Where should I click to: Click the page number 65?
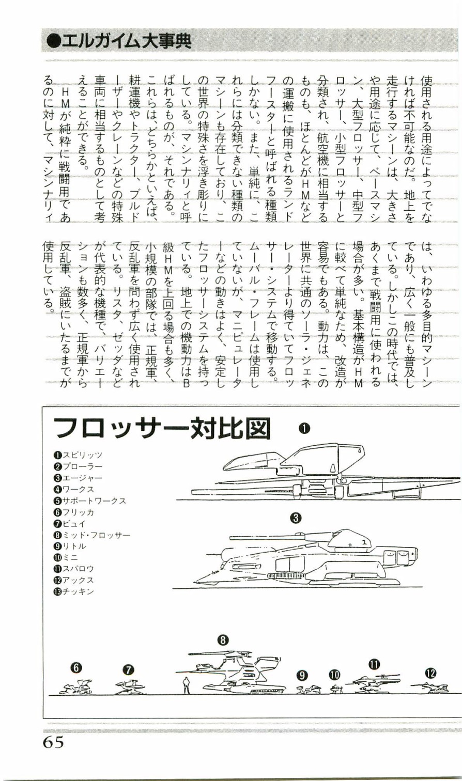[x=53, y=742]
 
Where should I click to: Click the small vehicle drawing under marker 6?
[x=76, y=687]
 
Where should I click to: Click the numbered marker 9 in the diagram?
[x=302, y=675]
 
